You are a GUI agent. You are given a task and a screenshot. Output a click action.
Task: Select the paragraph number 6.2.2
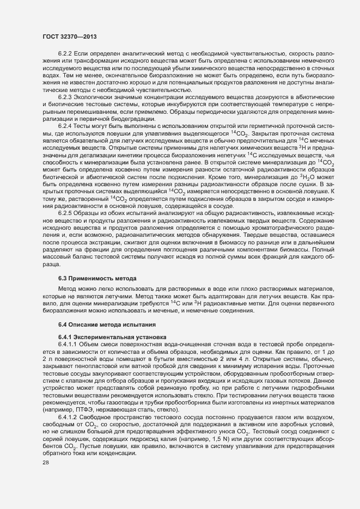(x=66, y=53)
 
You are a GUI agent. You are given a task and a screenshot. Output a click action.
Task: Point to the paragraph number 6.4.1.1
(x=69, y=344)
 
